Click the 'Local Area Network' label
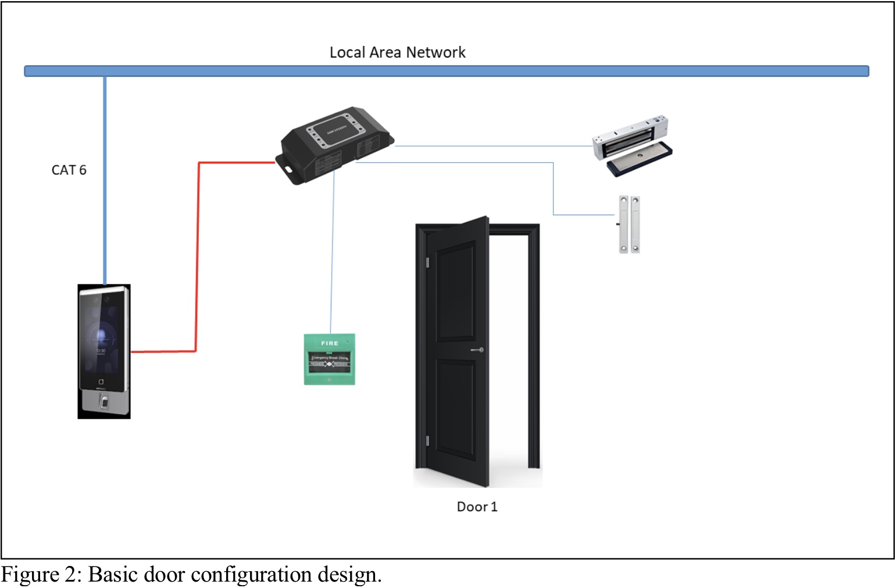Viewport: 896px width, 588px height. click(x=397, y=52)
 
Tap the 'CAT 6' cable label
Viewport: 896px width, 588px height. click(x=69, y=170)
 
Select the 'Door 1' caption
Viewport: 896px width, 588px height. click(x=477, y=507)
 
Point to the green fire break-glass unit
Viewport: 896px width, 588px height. click(x=329, y=359)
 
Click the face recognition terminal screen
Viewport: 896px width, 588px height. click(x=103, y=337)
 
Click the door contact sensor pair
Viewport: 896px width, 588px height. click(x=629, y=224)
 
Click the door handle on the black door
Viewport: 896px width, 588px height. click(x=477, y=350)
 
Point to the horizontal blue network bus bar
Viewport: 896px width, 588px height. click(x=446, y=71)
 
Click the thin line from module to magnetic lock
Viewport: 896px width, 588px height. click(x=494, y=145)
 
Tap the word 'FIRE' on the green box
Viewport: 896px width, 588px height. click(x=330, y=343)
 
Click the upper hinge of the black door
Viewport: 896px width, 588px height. click(x=427, y=262)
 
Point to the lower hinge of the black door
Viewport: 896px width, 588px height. click(x=427, y=440)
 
